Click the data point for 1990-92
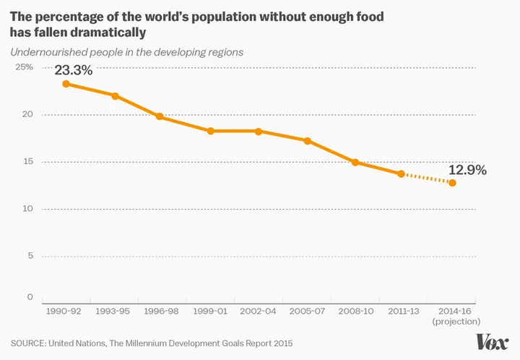click(66, 84)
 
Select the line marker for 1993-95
click(115, 96)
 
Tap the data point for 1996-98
click(160, 116)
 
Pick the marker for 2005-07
click(308, 141)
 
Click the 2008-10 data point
click(355, 163)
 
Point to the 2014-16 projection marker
click(452, 183)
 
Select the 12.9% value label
click(467, 171)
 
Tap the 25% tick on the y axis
click(25, 67)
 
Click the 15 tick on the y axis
click(27, 162)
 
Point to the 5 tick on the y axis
click(30, 256)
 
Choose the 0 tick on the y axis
click(30, 297)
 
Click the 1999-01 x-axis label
click(211, 311)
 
